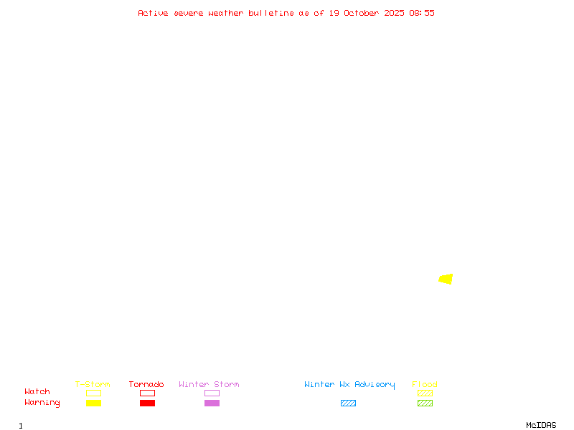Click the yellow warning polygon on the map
click(446, 279)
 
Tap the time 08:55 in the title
click(422, 13)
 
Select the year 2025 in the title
click(394, 13)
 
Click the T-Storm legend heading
click(93, 385)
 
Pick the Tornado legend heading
click(146, 385)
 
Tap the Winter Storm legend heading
click(209, 385)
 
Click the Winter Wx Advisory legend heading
click(349, 385)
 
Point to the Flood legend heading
click(425, 385)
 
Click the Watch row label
click(37, 392)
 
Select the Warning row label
click(42, 403)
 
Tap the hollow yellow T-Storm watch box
click(93, 393)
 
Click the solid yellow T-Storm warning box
click(93, 403)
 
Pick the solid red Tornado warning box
click(147, 403)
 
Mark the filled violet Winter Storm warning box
click(212, 403)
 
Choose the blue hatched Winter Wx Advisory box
click(348, 403)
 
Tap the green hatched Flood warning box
click(425, 403)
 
